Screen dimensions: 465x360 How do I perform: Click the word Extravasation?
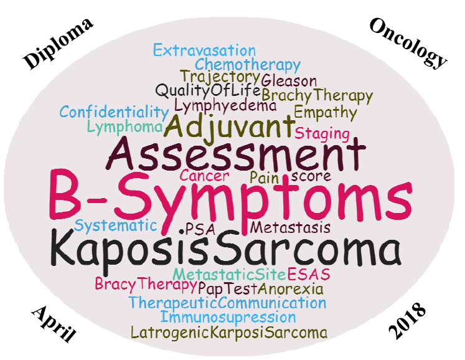click(204, 50)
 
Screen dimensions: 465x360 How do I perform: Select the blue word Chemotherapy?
click(248, 65)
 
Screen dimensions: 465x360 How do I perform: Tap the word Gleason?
click(289, 81)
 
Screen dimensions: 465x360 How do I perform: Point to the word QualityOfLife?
click(208, 90)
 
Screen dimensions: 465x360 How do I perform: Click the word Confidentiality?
click(114, 112)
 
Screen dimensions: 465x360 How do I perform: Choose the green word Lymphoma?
click(125, 127)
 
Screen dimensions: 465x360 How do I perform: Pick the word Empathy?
click(326, 113)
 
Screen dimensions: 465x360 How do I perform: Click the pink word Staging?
click(322, 134)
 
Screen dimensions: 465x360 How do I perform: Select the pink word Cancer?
click(204, 176)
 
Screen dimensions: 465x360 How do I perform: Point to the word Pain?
click(264, 178)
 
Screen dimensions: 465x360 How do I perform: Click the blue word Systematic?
click(115, 226)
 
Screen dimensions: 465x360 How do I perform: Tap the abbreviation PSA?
click(197, 230)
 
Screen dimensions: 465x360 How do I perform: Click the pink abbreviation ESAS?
click(308, 274)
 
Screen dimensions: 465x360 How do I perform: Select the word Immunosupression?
click(228, 317)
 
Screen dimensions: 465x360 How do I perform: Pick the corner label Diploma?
click(58, 44)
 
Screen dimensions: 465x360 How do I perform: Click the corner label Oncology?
click(408, 44)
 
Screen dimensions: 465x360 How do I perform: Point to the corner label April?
click(54, 324)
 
